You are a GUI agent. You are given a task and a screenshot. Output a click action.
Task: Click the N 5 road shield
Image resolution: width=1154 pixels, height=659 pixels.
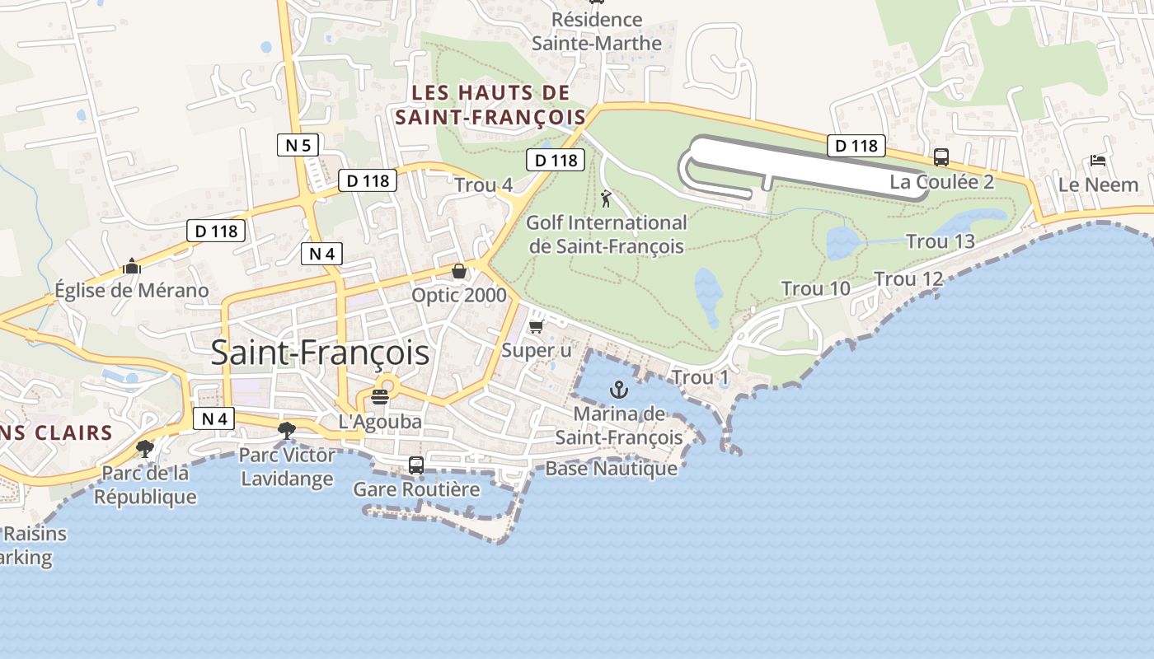(298, 146)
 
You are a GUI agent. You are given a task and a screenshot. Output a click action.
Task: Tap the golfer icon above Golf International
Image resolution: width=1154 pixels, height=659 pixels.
(606, 199)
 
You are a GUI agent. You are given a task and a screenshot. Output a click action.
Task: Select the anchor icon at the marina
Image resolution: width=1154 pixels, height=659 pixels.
(618, 389)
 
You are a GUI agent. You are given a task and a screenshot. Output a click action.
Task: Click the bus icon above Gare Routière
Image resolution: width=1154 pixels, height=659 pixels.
(416, 465)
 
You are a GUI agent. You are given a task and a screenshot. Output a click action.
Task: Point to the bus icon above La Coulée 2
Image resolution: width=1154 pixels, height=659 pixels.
(941, 157)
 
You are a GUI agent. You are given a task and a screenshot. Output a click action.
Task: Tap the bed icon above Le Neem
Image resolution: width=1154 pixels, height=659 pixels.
(1098, 160)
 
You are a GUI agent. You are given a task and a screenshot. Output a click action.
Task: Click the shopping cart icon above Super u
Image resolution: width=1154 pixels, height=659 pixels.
(537, 327)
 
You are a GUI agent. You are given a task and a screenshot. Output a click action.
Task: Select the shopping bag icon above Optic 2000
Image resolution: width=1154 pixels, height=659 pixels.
(459, 271)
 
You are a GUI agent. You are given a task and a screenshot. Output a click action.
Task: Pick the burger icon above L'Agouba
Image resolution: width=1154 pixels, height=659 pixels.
(380, 397)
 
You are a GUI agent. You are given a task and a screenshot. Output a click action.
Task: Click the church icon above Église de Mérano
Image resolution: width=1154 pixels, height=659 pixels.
(131, 266)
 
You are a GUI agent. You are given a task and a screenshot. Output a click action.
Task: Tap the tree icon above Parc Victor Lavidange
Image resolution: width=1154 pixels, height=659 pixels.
(287, 429)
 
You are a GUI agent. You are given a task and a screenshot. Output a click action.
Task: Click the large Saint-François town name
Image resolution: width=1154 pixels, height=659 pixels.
(320, 353)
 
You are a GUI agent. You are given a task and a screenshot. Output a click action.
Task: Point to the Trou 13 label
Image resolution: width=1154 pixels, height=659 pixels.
(941, 241)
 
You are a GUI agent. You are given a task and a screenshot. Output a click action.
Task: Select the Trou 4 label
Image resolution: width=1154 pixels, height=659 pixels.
(484, 185)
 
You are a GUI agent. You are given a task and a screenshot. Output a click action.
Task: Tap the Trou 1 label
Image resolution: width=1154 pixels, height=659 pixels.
(701, 377)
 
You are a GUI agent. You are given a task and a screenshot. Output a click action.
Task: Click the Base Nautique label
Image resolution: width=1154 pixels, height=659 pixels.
(611, 469)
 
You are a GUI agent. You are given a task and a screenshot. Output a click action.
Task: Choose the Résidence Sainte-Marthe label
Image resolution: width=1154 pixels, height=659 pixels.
(597, 31)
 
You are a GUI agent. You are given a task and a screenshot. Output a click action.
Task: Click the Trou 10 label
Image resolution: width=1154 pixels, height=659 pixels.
(816, 288)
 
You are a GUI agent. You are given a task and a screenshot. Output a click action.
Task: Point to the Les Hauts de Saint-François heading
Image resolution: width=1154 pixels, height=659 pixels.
(490, 105)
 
